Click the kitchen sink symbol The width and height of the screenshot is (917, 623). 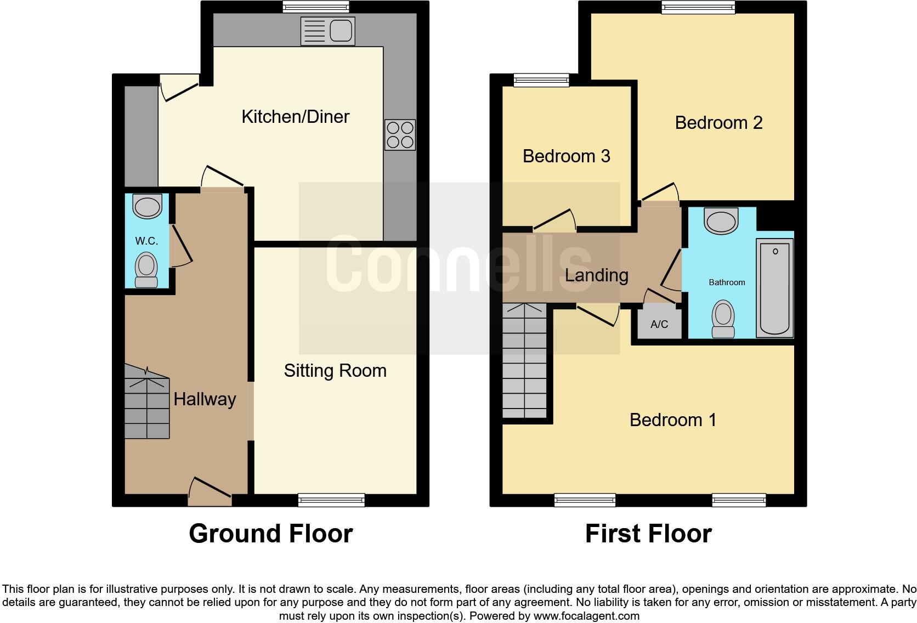tap(328, 31)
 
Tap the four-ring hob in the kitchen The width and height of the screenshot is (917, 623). tap(400, 135)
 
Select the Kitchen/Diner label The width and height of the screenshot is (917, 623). tap(295, 117)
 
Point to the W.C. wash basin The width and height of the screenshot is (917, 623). tap(148, 207)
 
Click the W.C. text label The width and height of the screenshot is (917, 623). tap(146, 241)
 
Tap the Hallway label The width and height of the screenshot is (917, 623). tap(205, 399)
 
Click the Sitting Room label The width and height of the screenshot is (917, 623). tap(335, 371)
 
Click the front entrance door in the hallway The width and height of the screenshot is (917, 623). tap(210, 491)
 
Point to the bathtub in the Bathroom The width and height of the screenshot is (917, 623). tap(774, 287)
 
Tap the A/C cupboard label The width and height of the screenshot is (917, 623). tap(659, 324)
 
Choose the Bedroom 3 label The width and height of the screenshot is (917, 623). tap(566, 156)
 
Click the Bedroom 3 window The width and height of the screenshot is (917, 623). tap(541, 81)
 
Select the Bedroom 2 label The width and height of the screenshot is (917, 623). tap(718, 123)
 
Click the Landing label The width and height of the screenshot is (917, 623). tap(596, 275)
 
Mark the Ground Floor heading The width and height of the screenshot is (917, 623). tap(270, 534)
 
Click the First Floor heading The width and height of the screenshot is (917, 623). tap(648, 534)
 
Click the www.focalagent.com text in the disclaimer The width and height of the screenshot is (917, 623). tap(586, 616)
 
